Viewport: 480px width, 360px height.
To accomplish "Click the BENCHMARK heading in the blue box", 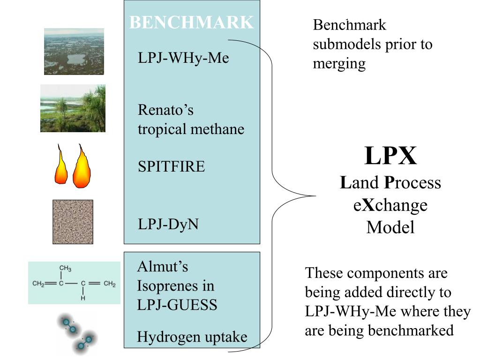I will pos(191,22).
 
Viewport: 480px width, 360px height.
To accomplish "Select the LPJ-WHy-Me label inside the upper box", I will pos(183,59).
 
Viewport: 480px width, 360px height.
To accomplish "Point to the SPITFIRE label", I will pos(171,167).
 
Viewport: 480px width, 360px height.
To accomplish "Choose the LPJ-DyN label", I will pos(168,225).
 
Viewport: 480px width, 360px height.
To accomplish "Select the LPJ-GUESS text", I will pos(177,305).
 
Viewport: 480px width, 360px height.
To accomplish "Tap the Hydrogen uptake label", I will pos(192,337).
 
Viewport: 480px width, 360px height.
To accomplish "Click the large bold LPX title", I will pos(390,156).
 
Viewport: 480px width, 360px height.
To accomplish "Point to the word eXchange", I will pos(390,205).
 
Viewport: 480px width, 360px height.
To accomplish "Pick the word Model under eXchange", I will pos(390,227).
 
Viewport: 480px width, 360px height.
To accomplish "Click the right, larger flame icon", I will pos(82,168).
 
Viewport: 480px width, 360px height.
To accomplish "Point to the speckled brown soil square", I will pos(73,222).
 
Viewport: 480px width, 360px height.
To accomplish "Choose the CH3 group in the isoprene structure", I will pos(65,269).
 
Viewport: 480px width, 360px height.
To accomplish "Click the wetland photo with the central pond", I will pos(74,52).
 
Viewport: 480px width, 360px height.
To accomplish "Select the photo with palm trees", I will pos(73,108).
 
